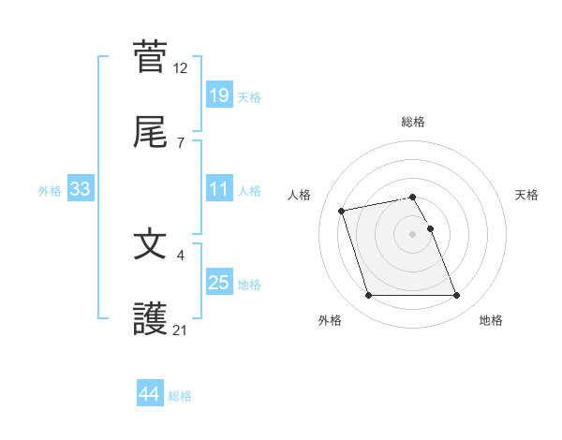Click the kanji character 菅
[150, 56]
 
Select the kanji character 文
[150, 244]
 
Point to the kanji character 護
[150, 320]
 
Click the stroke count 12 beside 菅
[181, 67]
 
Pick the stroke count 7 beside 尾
[181, 143]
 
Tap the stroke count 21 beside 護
[181, 330]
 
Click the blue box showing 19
[218, 95]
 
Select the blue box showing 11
[218, 189]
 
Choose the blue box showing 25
[218, 283]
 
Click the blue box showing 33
[81, 189]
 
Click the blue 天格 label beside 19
[249, 96]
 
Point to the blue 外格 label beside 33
[50, 191]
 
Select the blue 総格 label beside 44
[180, 396]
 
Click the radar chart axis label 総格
[413, 122]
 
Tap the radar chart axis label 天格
[527, 195]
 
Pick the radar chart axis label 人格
[301, 195]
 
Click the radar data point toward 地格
[456, 296]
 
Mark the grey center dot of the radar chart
[413, 234]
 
